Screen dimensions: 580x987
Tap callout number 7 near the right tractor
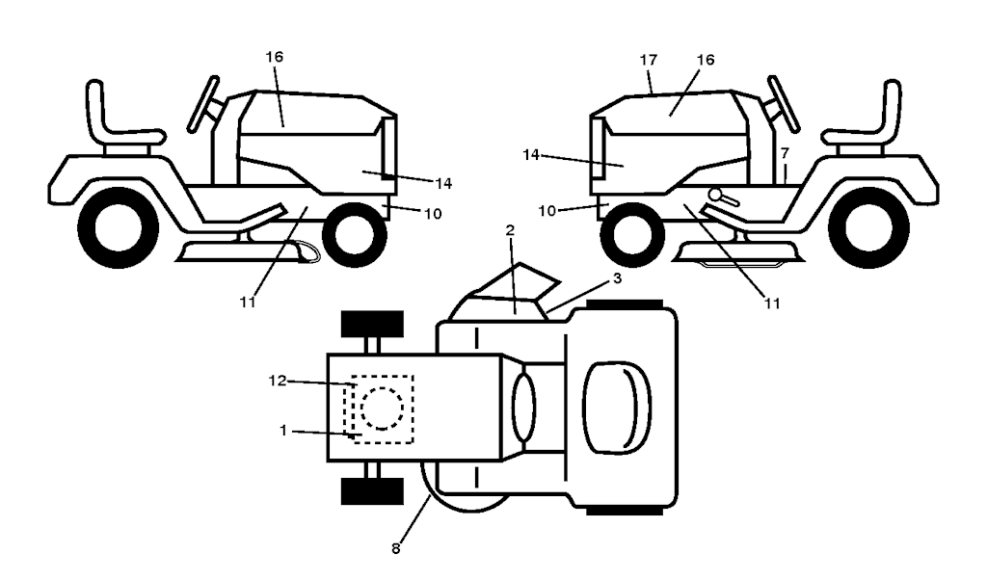pyautogui.click(x=786, y=153)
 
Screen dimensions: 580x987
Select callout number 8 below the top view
pyautogui.click(x=395, y=549)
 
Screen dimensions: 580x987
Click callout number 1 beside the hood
pyautogui.click(x=283, y=430)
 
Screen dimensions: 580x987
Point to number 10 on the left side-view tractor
pyautogui.click(x=433, y=214)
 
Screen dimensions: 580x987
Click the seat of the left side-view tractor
pyautogui.click(x=116, y=120)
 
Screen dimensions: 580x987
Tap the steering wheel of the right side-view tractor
pyautogui.click(x=782, y=101)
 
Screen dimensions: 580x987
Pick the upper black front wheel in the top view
pyautogui.click(x=372, y=325)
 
